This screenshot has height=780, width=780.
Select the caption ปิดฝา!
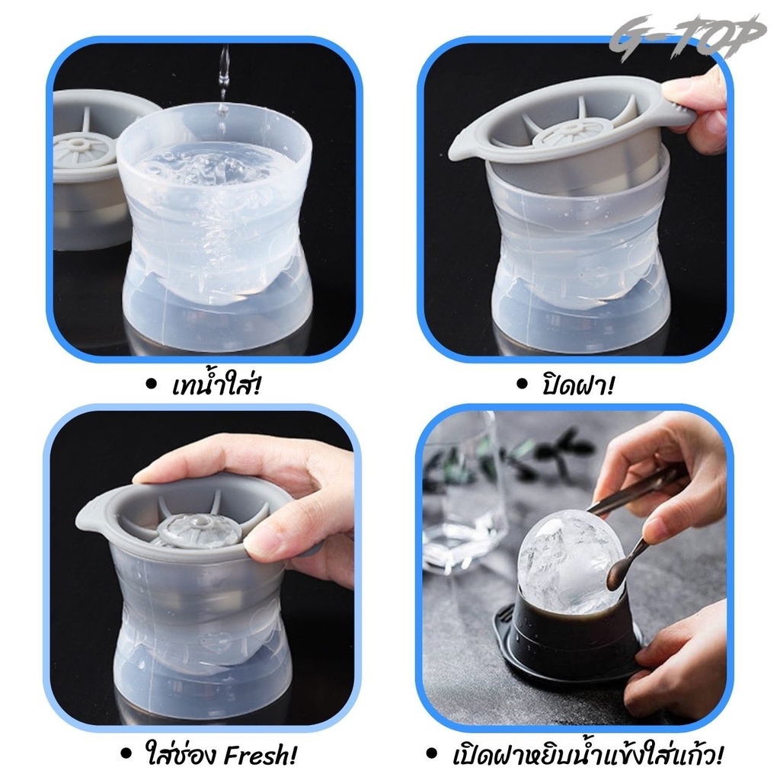coord(578,385)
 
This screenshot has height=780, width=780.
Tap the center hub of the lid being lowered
coord(562,131)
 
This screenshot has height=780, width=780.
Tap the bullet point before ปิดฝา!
coord(522,384)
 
